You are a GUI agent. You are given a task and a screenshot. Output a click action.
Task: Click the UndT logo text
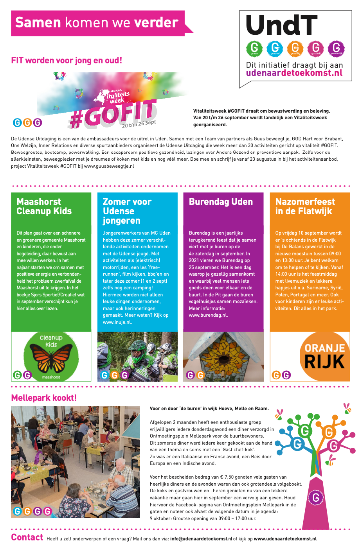(x=282, y=26)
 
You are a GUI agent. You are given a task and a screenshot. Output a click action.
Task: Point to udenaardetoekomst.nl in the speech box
(x=294, y=73)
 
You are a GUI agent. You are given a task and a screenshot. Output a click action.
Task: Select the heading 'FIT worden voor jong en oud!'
(x=67, y=61)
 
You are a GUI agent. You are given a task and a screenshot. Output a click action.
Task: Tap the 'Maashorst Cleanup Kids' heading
(x=44, y=206)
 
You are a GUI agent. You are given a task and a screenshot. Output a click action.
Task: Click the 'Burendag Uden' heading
(x=221, y=202)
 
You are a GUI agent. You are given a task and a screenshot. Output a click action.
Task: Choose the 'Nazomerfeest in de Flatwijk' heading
(x=305, y=206)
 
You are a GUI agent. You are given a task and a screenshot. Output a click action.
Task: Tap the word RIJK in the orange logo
(x=324, y=362)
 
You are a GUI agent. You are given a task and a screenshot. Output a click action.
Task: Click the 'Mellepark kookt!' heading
(x=44, y=398)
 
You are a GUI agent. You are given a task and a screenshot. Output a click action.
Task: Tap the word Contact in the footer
(x=27, y=538)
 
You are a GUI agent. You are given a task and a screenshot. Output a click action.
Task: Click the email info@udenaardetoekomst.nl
(x=201, y=539)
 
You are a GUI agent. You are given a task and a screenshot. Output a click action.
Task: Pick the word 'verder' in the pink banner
(x=156, y=23)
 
